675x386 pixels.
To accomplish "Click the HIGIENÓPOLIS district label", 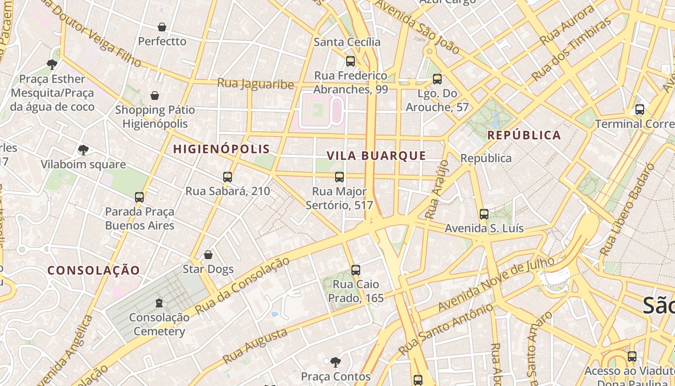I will [221, 149].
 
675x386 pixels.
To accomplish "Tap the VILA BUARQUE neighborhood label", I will [376, 155].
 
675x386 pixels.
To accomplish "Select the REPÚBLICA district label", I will [524, 135].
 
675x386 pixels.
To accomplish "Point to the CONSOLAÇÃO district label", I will [94, 270].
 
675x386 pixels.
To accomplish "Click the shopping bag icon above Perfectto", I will [162, 27].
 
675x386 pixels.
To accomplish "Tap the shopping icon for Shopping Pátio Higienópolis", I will [155, 96].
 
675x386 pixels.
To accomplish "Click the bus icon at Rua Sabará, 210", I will [228, 177].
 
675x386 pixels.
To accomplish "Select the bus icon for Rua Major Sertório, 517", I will [339, 177].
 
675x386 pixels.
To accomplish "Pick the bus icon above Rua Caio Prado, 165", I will [356, 270].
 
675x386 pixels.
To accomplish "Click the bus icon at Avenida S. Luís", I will [484, 214].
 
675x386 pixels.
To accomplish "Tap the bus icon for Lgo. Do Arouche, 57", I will [437, 79].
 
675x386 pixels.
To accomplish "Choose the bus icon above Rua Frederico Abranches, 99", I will [351, 61].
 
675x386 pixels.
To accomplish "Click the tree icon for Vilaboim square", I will [83, 150].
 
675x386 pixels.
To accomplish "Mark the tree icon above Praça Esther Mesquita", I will [52, 64].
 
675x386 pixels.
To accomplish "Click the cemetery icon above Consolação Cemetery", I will [159, 303].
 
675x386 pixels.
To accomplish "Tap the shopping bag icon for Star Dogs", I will [208, 254].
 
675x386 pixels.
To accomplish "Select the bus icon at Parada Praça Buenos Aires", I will [139, 197].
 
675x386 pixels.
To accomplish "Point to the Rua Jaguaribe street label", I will [256, 83].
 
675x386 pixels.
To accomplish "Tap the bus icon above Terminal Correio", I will [640, 110].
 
